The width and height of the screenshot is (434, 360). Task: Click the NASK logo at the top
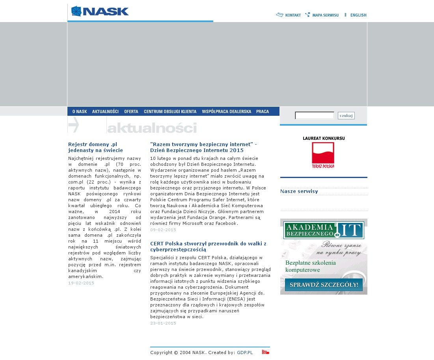point(100,11)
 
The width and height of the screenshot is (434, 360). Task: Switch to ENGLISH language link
point(358,15)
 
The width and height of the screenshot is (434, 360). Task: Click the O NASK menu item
point(80,111)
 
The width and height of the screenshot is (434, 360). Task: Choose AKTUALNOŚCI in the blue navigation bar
point(105,111)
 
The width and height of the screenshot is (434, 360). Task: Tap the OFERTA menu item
point(131,111)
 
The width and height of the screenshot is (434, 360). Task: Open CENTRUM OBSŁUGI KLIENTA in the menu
point(170,111)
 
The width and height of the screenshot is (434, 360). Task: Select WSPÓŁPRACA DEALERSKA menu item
point(226,111)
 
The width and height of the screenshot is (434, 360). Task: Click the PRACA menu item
point(263,111)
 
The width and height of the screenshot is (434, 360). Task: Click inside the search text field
point(315,115)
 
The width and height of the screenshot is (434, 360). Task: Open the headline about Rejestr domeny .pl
point(95,147)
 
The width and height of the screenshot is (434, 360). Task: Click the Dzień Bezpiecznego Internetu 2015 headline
point(203,147)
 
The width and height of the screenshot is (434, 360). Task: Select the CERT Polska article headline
point(208,247)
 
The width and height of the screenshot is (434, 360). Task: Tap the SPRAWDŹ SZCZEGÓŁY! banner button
point(324,284)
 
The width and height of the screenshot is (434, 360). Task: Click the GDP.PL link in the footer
point(245,353)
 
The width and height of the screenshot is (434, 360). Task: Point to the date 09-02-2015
point(163,230)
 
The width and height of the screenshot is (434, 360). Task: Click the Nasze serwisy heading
point(299,191)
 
